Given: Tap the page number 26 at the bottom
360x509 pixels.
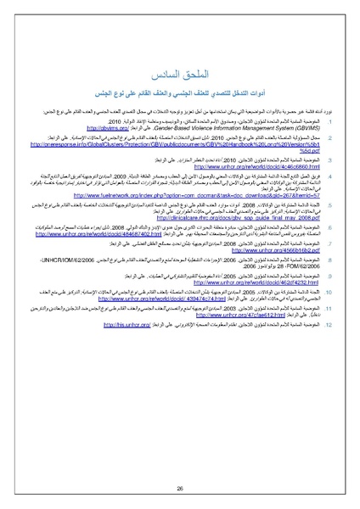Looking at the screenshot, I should click(x=180, y=464).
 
